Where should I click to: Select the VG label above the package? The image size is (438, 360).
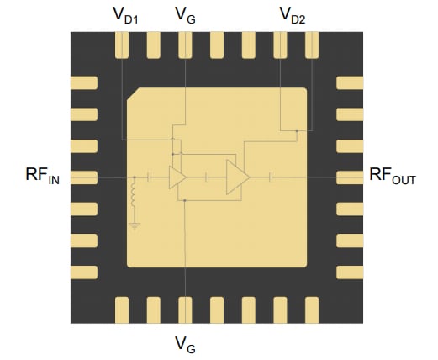184,14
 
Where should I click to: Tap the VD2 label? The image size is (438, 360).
294,15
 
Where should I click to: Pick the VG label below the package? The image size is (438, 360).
184,344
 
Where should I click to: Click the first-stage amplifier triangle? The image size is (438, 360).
177,177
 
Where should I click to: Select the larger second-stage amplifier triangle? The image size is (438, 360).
236,177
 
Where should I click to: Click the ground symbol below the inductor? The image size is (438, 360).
134,225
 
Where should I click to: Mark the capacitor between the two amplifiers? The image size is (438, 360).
207,177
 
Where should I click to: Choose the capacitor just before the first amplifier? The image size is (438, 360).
149,177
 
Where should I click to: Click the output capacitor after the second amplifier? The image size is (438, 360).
272,177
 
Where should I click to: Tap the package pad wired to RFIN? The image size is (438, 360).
83,177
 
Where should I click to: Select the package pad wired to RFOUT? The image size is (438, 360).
348,177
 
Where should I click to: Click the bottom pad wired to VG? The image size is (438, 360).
184,307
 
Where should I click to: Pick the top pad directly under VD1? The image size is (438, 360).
123,45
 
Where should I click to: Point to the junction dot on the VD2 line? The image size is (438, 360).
297,130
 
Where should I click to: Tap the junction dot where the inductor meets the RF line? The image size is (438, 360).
134,177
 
